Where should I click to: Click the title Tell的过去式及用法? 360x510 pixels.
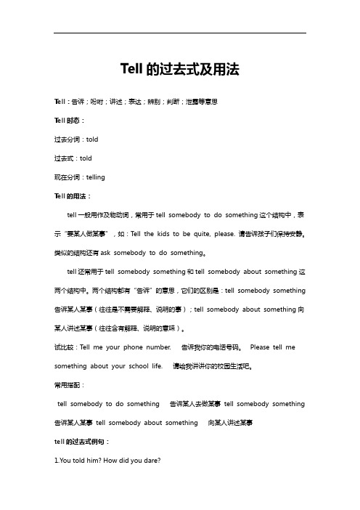(179, 70)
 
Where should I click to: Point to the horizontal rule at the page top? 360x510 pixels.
(179, 33)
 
